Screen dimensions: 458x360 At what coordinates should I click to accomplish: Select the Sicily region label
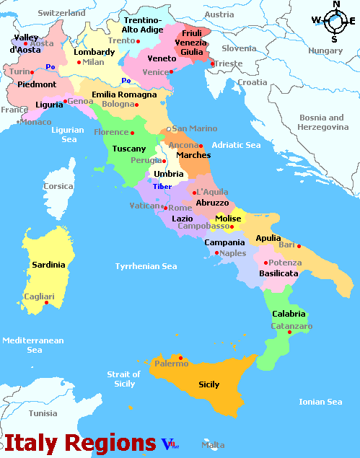209,384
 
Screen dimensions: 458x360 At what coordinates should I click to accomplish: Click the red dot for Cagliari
46,302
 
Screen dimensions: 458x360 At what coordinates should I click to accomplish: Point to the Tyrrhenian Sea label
146,266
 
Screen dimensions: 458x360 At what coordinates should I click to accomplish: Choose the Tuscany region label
129,149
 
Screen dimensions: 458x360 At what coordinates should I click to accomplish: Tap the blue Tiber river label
162,187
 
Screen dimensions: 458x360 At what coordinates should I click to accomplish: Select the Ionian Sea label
320,402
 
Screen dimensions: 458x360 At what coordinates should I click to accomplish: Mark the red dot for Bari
299,246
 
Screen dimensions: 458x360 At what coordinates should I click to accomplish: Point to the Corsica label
58,186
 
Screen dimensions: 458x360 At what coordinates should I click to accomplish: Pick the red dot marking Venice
170,72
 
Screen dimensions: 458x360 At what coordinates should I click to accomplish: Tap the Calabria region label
289,314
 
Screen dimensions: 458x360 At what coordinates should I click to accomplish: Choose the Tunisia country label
43,413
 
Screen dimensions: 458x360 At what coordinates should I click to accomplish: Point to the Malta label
212,445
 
